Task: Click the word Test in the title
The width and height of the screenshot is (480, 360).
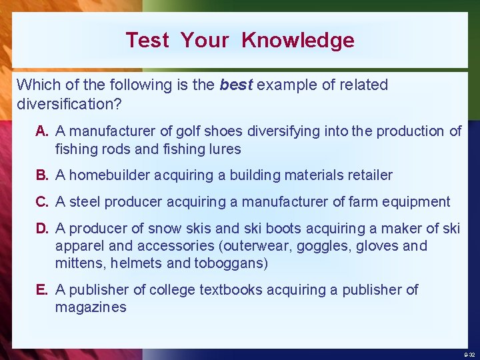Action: tap(147, 40)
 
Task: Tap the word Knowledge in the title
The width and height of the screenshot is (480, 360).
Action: tap(297, 40)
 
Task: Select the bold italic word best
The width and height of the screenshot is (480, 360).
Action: tap(236, 85)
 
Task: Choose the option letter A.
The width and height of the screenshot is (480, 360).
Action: tap(42, 131)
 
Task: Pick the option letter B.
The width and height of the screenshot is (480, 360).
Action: tap(42, 175)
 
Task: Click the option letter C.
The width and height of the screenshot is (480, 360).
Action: tap(42, 201)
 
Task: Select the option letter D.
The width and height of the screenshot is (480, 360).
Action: tap(42, 229)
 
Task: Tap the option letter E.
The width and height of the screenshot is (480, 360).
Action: tap(42, 289)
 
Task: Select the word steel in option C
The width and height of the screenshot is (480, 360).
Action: tap(85, 201)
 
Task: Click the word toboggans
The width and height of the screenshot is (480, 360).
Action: tap(231, 263)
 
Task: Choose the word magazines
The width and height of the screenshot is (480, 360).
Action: tap(91, 307)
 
